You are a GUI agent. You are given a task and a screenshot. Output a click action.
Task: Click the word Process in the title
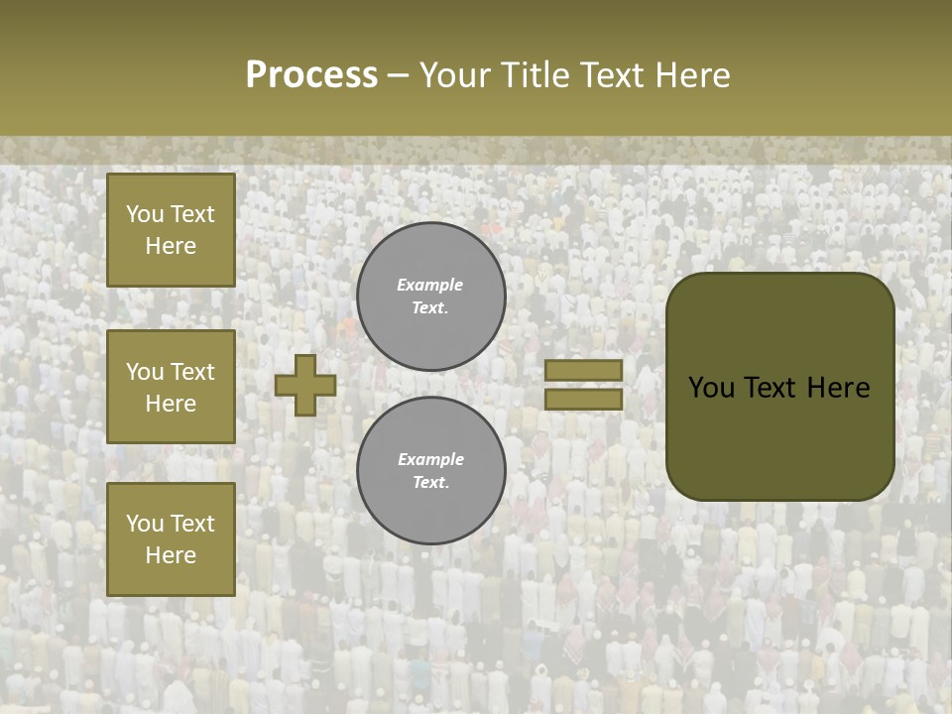tap(311, 75)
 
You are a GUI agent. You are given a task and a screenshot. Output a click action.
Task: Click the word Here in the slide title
tap(690, 75)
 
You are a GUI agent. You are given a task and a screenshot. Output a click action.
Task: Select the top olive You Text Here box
tap(171, 230)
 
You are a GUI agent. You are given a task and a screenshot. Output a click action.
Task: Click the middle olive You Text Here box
tap(171, 387)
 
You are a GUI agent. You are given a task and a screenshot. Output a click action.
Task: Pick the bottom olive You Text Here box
tap(171, 539)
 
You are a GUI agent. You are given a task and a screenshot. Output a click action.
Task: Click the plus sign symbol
tap(305, 385)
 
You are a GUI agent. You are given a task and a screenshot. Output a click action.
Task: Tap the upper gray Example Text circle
tap(431, 297)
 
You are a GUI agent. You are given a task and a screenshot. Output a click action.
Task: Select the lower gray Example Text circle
tap(431, 471)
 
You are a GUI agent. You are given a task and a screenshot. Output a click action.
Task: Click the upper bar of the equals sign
tap(584, 371)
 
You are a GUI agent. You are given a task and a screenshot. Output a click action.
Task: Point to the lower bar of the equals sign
tap(584, 399)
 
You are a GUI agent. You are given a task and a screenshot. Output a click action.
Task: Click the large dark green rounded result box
tap(779, 387)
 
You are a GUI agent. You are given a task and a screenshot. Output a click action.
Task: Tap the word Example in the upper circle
tap(430, 285)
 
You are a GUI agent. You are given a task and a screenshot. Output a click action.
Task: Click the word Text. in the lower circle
tap(431, 483)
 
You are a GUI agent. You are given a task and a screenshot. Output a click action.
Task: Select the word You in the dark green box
tap(711, 388)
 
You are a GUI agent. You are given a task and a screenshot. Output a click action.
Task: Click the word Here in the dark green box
tap(838, 388)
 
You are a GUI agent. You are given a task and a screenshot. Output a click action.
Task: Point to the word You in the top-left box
tap(145, 214)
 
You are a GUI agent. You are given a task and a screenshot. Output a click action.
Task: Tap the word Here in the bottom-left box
tap(171, 555)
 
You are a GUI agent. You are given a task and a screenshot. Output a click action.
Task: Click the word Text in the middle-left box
tap(192, 372)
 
